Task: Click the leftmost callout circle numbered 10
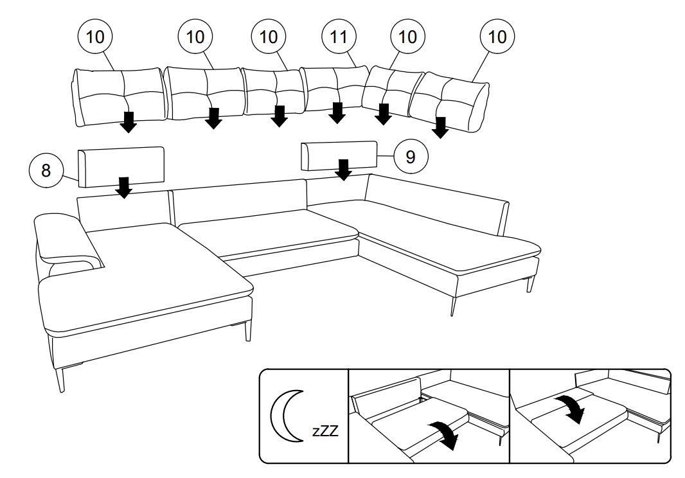(x=94, y=37)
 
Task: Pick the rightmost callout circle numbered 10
(x=497, y=37)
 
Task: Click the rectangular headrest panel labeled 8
(x=121, y=166)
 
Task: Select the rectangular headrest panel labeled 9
(x=339, y=155)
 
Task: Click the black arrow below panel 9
(x=344, y=170)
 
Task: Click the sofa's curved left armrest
(x=64, y=241)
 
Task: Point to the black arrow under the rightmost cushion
(x=440, y=127)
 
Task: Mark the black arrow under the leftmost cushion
(x=129, y=121)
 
